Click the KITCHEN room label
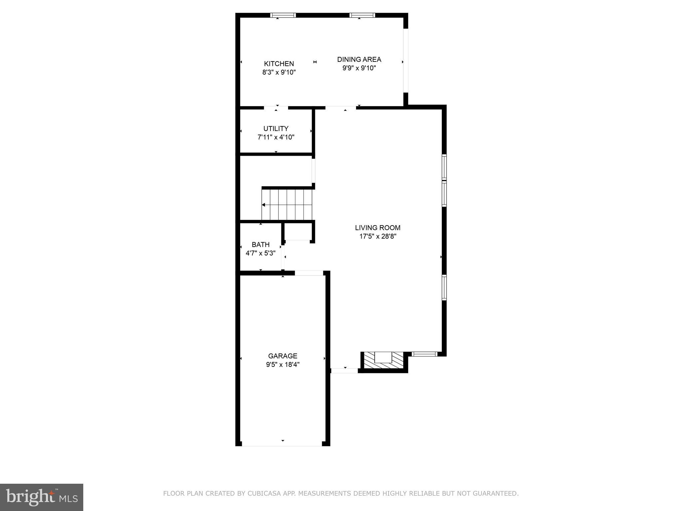point(279,64)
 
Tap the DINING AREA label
point(359,59)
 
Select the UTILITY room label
point(276,128)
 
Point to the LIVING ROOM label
point(377,228)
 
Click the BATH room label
point(260,245)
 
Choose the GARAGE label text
point(282,356)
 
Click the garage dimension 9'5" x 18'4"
point(282,365)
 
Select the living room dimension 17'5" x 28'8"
point(377,237)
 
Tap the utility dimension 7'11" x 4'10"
point(276,137)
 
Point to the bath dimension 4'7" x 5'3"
point(260,253)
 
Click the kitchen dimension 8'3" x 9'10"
point(279,72)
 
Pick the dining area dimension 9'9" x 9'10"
point(359,68)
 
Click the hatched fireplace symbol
point(384,360)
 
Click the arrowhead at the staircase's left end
point(263,205)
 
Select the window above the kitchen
point(283,15)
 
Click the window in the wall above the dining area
point(362,15)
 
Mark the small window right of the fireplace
point(424,354)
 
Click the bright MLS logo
point(42,497)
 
